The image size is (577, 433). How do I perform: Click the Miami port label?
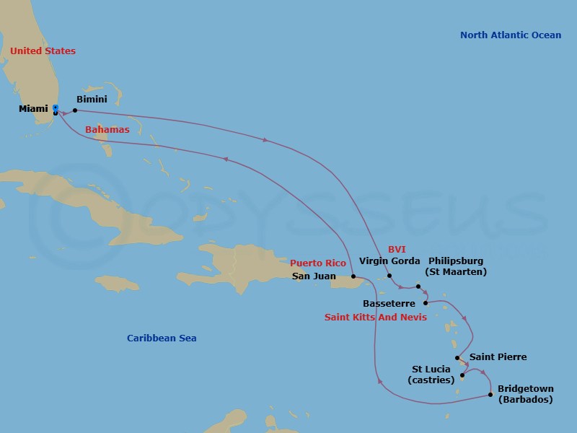pyautogui.click(x=33, y=109)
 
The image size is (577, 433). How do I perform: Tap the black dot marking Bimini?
pyautogui.click(x=75, y=110)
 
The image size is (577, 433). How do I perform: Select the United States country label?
pyautogui.click(x=43, y=51)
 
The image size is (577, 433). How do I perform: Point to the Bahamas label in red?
pyautogui.click(x=107, y=130)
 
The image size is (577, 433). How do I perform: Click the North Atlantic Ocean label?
pyautogui.click(x=511, y=35)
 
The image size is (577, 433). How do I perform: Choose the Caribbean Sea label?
pyautogui.click(x=162, y=338)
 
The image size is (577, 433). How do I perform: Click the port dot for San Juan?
pyautogui.click(x=353, y=276)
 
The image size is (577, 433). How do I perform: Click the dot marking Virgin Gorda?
pyautogui.click(x=389, y=276)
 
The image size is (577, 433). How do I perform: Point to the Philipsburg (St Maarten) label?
pyautogui.click(x=456, y=266)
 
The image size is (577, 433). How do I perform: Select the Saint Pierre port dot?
pyautogui.click(x=457, y=357)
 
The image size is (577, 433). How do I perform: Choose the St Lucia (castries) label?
pyautogui.click(x=431, y=374)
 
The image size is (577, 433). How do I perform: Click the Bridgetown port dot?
pyautogui.click(x=490, y=394)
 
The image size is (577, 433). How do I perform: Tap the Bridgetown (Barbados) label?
pyautogui.click(x=525, y=394)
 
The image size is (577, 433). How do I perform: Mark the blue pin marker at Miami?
pyautogui.click(x=56, y=108)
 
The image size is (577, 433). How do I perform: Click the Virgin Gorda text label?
pyautogui.click(x=389, y=261)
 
